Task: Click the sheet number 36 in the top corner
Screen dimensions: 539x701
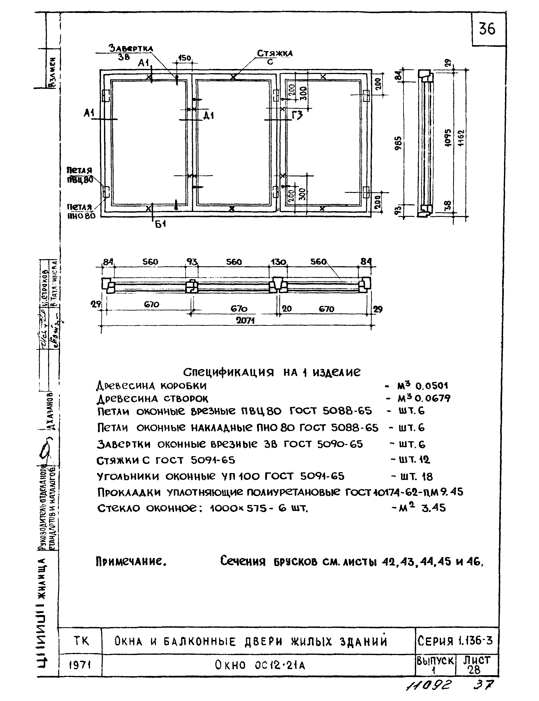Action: point(487,29)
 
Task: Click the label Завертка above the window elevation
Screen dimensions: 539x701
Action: point(131,48)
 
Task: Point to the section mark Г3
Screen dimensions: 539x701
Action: point(298,114)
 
